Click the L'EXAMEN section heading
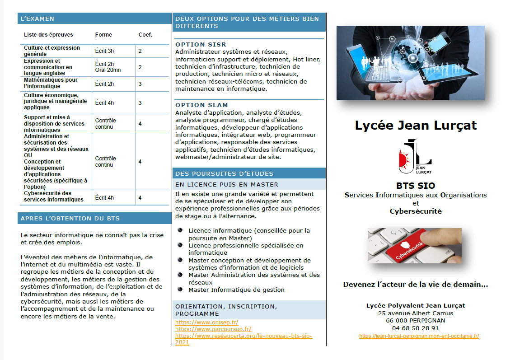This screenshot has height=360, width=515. point(37,19)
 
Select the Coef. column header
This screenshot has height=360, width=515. point(145,35)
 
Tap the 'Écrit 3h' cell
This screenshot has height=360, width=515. point(104,51)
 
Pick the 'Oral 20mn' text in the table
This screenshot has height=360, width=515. point(108,70)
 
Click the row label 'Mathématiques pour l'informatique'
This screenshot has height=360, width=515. point(51,83)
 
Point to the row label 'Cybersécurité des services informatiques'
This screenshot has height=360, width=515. point(47,196)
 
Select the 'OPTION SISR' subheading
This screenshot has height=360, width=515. point(201,45)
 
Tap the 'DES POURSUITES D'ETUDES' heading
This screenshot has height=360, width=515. point(224,173)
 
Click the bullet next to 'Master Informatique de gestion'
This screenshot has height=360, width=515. point(180,289)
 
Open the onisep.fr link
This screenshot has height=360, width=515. point(206,323)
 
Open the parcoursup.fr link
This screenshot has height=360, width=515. point(213,329)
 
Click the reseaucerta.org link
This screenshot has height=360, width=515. point(243,336)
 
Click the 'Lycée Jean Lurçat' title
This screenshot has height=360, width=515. point(416,125)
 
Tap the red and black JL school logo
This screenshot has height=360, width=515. point(415,157)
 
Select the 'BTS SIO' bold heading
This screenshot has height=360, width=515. point(416,186)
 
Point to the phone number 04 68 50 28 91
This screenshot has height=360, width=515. point(415,328)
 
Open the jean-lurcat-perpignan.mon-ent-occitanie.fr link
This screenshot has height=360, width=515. point(419,336)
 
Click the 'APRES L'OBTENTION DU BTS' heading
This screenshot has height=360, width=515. point(70,219)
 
